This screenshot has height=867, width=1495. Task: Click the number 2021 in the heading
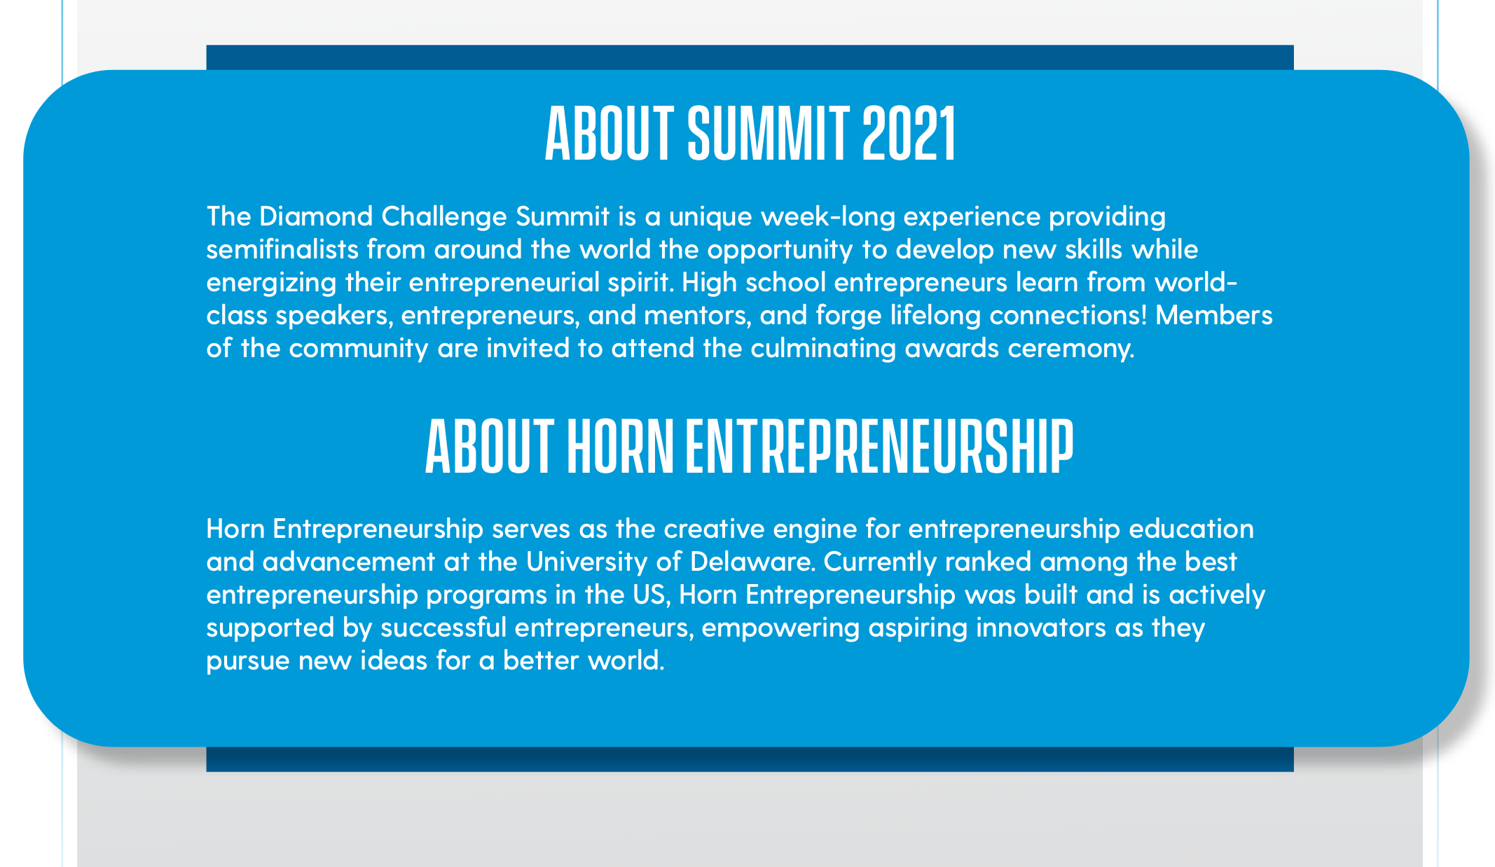[x=909, y=134]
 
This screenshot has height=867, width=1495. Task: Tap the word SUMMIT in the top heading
[x=769, y=134]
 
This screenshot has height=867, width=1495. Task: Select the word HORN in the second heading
[x=619, y=446]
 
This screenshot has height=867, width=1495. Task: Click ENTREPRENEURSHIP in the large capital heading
[x=879, y=446]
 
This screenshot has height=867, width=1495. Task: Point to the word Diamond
[x=316, y=216]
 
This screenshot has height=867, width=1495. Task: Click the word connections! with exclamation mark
[x=1068, y=315]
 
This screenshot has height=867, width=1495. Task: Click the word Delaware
[x=755, y=562]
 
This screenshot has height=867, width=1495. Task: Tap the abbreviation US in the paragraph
[x=650, y=595]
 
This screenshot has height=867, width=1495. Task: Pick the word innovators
[x=1041, y=628]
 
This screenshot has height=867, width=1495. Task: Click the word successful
[x=443, y=628]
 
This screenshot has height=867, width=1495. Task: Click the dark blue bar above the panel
[x=750, y=57]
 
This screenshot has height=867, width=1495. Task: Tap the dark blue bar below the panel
[x=750, y=759]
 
